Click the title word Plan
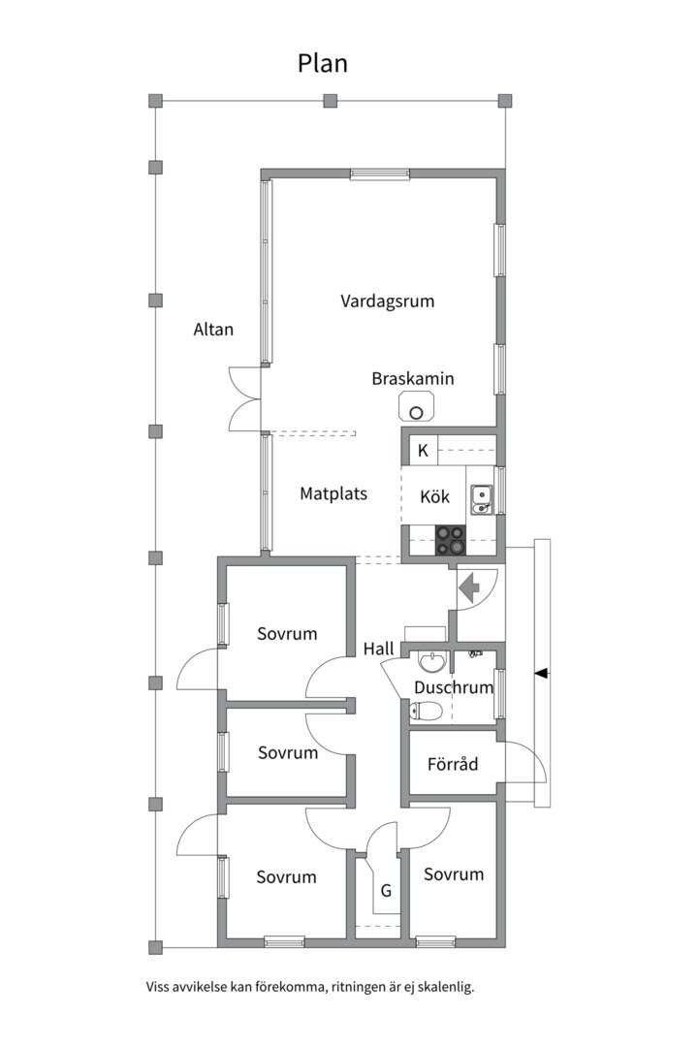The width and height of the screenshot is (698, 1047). point(322,63)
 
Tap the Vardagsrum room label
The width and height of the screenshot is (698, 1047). point(388,301)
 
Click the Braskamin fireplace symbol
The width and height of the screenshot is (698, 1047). point(416,407)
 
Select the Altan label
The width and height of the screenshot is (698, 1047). point(213,330)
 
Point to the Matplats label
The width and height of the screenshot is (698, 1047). point(333,493)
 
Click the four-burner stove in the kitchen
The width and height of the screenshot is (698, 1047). point(450,541)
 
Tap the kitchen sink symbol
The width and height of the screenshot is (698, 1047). point(481,499)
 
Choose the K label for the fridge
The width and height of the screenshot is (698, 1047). point(423,451)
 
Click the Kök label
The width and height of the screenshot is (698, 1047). point(435,496)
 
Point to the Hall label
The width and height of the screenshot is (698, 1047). point(379,649)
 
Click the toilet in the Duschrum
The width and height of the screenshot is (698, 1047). point(426,712)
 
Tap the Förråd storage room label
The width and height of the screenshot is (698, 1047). point(453,764)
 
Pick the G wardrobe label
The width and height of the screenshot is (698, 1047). point(386,890)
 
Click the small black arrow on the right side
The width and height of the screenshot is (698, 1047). point(542,673)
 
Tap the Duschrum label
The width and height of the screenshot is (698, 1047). point(454,687)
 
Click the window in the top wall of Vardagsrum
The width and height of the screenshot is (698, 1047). point(380,174)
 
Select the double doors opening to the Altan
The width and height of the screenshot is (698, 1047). point(244,398)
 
